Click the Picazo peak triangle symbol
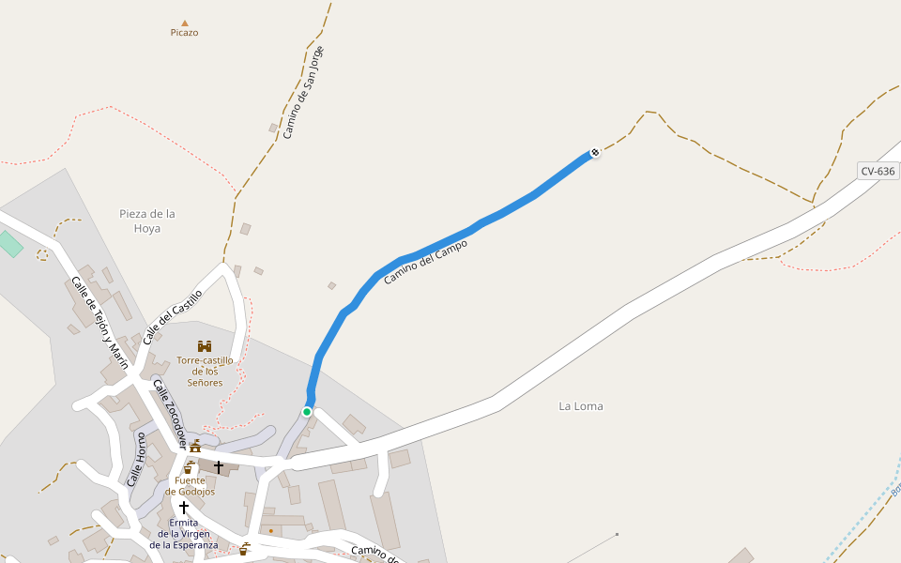point(185,23)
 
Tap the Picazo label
point(184,33)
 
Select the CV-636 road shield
point(878,171)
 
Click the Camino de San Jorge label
point(303,93)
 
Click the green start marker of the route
point(307,411)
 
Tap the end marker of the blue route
point(595,152)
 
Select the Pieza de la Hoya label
point(147,221)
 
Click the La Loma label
point(581,406)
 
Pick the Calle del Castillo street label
point(173,316)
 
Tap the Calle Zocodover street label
point(170,412)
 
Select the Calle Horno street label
point(134,459)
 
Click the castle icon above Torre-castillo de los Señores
point(205,346)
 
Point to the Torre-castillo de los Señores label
point(205,371)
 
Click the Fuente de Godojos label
point(190,486)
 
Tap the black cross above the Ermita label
point(184,508)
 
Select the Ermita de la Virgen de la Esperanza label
point(184,533)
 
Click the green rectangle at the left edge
point(9,243)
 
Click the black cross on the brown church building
point(219,466)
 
